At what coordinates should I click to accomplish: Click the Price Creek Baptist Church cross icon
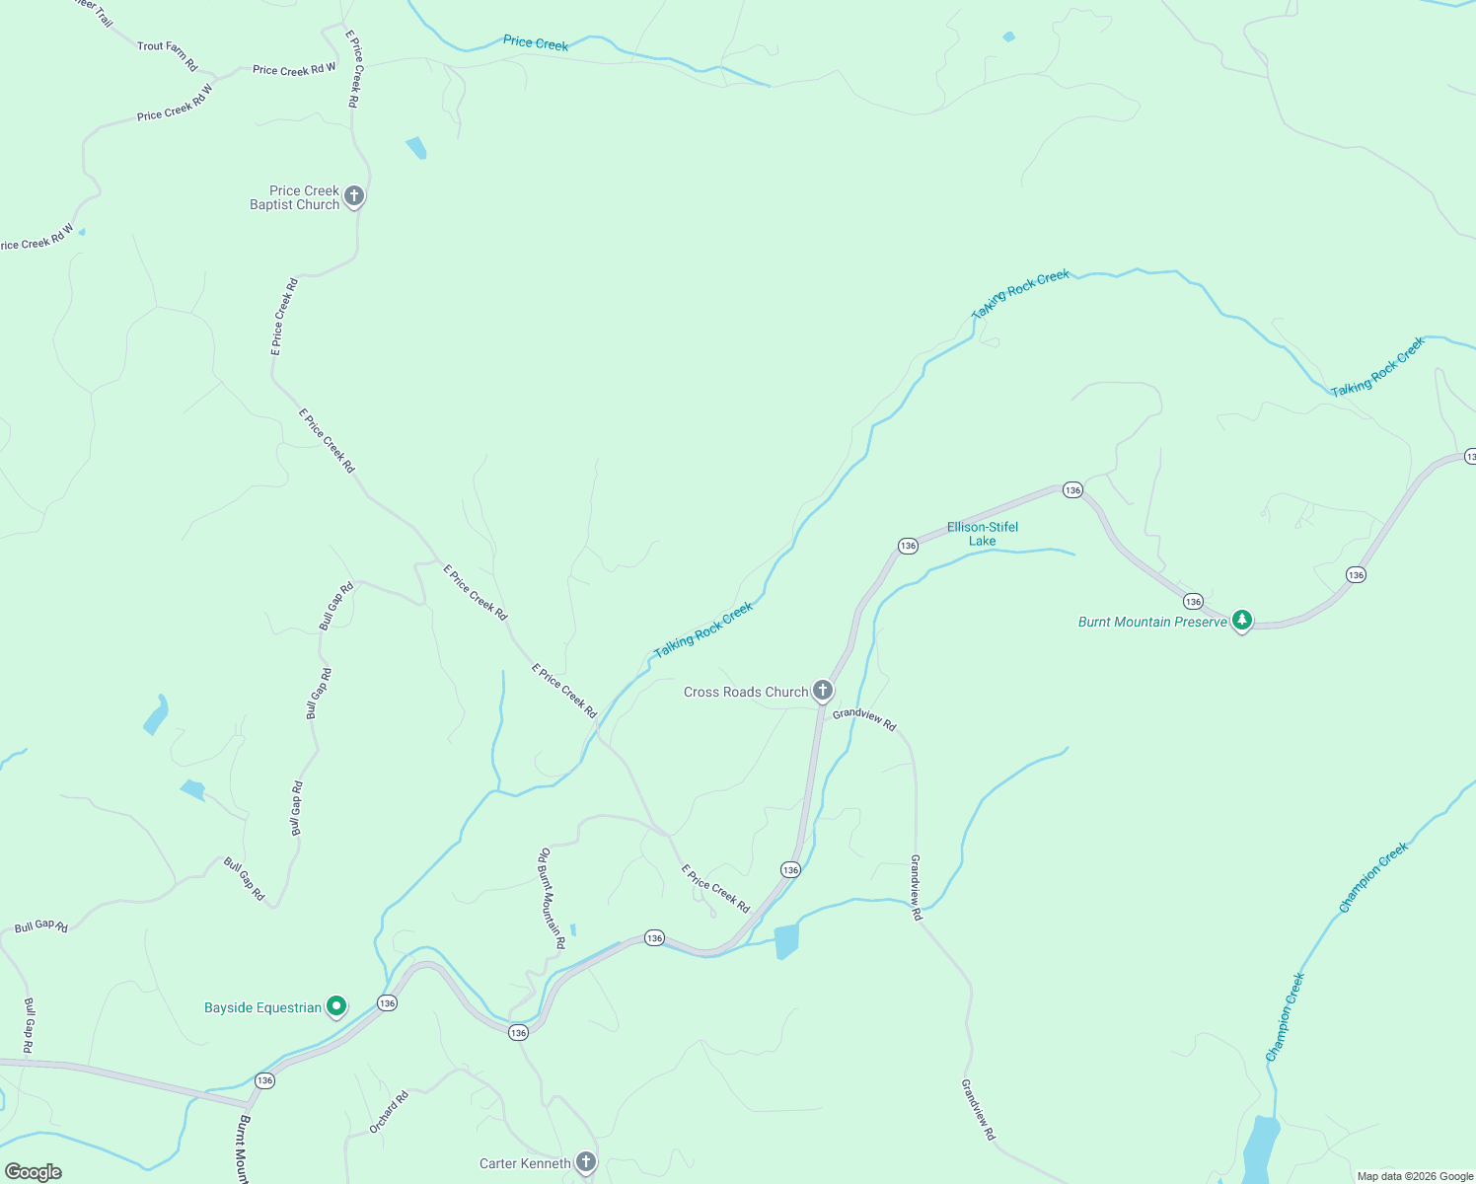pyautogui.click(x=354, y=196)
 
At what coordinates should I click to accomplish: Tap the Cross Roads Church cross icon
pyautogui.click(x=823, y=691)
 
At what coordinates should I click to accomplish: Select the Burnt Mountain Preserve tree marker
pyautogui.click(x=1243, y=621)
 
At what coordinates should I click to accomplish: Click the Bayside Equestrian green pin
pyautogui.click(x=336, y=1006)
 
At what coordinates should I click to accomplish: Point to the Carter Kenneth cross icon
pyautogui.click(x=586, y=1162)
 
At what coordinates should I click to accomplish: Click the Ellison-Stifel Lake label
pyautogui.click(x=983, y=534)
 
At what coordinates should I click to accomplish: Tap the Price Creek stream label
pyautogui.click(x=536, y=42)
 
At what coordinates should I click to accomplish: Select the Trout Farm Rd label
pyautogui.click(x=168, y=55)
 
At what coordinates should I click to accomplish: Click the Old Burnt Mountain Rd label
pyautogui.click(x=552, y=898)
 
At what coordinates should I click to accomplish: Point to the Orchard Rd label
pyautogui.click(x=389, y=1112)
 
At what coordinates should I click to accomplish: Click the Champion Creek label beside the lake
pyautogui.click(x=1286, y=1016)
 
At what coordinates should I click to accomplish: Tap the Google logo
pyautogui.click(x=34, y=1172)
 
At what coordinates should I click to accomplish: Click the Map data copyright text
pyautogui.click(x=1415, y=1176)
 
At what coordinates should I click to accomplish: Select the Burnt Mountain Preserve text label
pyautogui.click(x=1152, y=622)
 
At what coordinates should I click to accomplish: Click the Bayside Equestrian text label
pyautogui.click(x=262, y=1007)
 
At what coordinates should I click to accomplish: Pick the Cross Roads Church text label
pyautogui.click(x=746, y=692)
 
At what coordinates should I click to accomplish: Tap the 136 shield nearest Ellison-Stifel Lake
pyautogui.click(x=908, y=546)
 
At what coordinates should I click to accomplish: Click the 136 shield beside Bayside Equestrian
pyautogui.click(x=387, y=1002)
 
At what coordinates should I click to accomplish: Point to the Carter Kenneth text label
pyautogui.click(x=525, y=1163)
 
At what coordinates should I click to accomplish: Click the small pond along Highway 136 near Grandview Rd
pyautogui.click(x=786, y=941)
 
